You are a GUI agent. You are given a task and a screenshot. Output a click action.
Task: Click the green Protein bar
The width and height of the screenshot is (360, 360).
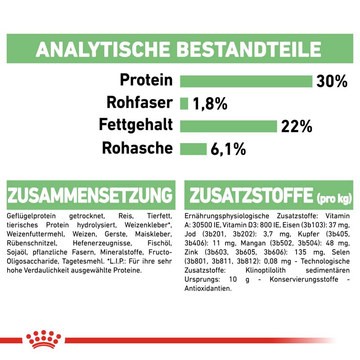pos(246,81)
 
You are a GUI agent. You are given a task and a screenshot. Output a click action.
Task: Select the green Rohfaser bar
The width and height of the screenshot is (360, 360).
pos(184,103)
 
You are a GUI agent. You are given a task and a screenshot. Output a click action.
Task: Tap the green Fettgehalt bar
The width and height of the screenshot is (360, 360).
pos(228,126)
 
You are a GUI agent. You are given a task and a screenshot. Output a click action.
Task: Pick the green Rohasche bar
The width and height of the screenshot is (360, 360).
pos(193,148)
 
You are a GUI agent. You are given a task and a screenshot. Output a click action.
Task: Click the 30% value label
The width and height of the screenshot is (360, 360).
pos(332,81)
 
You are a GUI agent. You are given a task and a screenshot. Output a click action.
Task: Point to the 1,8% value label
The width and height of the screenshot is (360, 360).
pos(210,104)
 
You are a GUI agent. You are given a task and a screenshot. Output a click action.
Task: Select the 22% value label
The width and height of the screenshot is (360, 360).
pos(296,126)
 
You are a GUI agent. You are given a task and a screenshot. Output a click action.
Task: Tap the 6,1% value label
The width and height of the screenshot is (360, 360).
pos(228,149)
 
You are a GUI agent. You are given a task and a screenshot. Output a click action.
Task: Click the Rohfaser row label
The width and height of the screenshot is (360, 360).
pos(139,103)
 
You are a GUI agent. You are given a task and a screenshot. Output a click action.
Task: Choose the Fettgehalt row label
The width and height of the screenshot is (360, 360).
pos(136,125)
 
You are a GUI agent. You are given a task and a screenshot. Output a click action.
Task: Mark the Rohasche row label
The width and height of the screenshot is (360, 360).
pos(137,148)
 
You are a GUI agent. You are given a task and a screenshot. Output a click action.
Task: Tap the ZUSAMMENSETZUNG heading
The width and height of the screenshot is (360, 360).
pos(90,196)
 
